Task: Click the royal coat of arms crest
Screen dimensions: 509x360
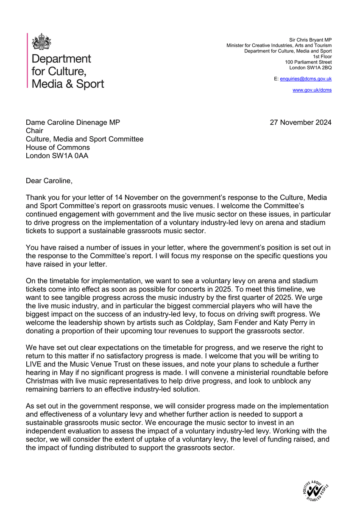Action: (x=42, y=42)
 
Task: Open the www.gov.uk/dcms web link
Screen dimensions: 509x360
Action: (x=312, y=90)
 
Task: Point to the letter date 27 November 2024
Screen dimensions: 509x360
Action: (x=301, y=123)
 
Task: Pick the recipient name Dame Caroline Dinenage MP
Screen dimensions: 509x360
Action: (x=73, y=123)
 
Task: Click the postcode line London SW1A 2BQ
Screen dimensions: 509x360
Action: (x=310, y=67)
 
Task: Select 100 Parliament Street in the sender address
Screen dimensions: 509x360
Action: (x=308, y=62)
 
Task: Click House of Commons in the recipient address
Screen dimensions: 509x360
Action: (x=58, y=147)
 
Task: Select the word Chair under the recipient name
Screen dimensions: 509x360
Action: (x=35, y=131)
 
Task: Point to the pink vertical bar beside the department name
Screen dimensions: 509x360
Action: (x=28, y=61)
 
